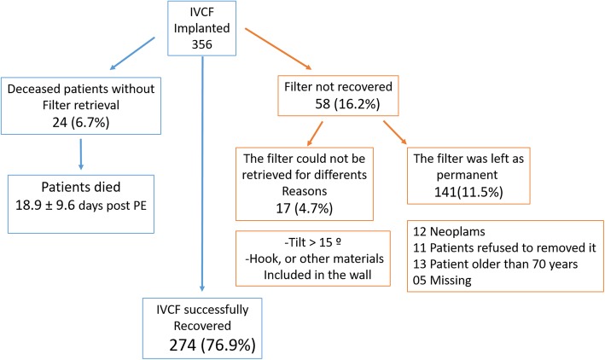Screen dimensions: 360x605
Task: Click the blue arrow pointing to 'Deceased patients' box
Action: [x=137, y=52]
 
